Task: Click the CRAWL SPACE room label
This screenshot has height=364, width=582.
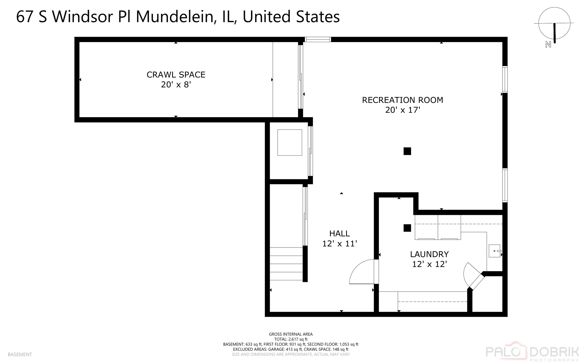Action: [x=176, y=75]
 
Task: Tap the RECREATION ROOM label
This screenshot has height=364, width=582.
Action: [x=402, y=100]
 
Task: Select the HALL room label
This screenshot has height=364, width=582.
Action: [x=339, y=233]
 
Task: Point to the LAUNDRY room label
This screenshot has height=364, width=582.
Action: [x=429, y=254]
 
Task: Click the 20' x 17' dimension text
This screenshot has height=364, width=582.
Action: [x=402, y=110]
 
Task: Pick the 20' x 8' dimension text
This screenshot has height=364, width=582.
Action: [x=176, y=85]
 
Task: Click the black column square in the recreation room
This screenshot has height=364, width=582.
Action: [x=407, y=151]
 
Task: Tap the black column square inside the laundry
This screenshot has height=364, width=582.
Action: [x=407, y=228]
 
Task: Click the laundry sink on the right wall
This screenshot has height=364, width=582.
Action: [x=494, y=251]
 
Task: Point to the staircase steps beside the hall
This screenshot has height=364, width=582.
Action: [x=286, y=264]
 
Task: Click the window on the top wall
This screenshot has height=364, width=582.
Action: [x=318, y=40]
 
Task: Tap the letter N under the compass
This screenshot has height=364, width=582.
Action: [x=548, y=45]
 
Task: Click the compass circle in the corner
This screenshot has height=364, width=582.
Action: [x=554, y=23]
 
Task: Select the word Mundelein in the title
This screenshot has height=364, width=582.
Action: [x=174, y=17]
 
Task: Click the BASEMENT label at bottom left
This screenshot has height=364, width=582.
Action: [x=20, y=354]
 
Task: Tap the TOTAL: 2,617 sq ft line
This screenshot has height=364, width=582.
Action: [x=290, y=339]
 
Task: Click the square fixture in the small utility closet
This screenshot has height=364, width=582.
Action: [x=290, y=143]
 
